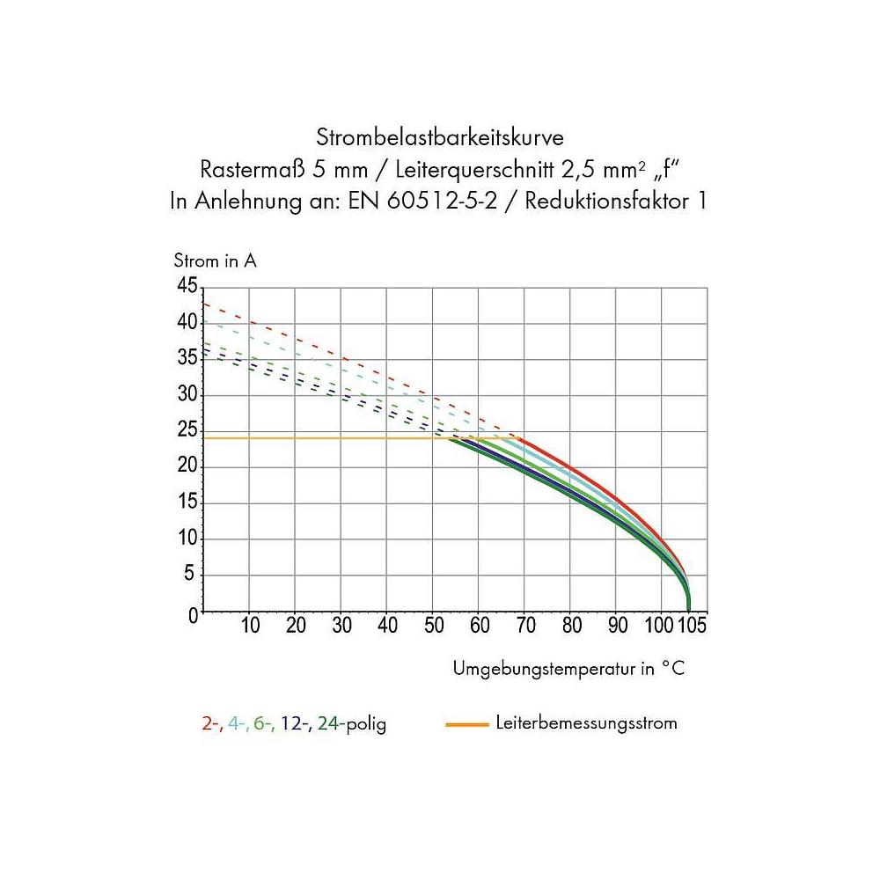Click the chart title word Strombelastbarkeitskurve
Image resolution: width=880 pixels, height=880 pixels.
(x=439, y=138)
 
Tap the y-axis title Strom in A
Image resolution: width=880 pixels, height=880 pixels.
(x=216, y=261)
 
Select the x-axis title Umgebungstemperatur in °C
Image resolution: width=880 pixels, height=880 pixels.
(x=568, y=670)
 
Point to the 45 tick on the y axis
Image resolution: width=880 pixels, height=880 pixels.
(x=187, y=285)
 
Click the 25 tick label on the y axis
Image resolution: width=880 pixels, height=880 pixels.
(x=187, y=430)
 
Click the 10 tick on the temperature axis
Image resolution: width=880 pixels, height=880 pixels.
(x=250, y=627)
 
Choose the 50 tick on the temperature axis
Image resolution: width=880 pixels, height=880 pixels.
(x=433, y=627)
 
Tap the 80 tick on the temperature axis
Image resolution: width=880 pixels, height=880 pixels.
(x=570, y=627)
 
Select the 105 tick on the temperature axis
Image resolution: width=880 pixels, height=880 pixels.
(x=692, y=627)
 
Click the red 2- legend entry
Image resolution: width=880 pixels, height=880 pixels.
(x=211, y=725)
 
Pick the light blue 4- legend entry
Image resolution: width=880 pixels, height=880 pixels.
(x=237, y=725)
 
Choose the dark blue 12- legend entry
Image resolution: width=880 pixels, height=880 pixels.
(x=296, y=725)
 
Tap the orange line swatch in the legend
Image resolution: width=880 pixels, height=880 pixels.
(x=467, y=724)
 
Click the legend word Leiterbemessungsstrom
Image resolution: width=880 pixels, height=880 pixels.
(x=586, y=724)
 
